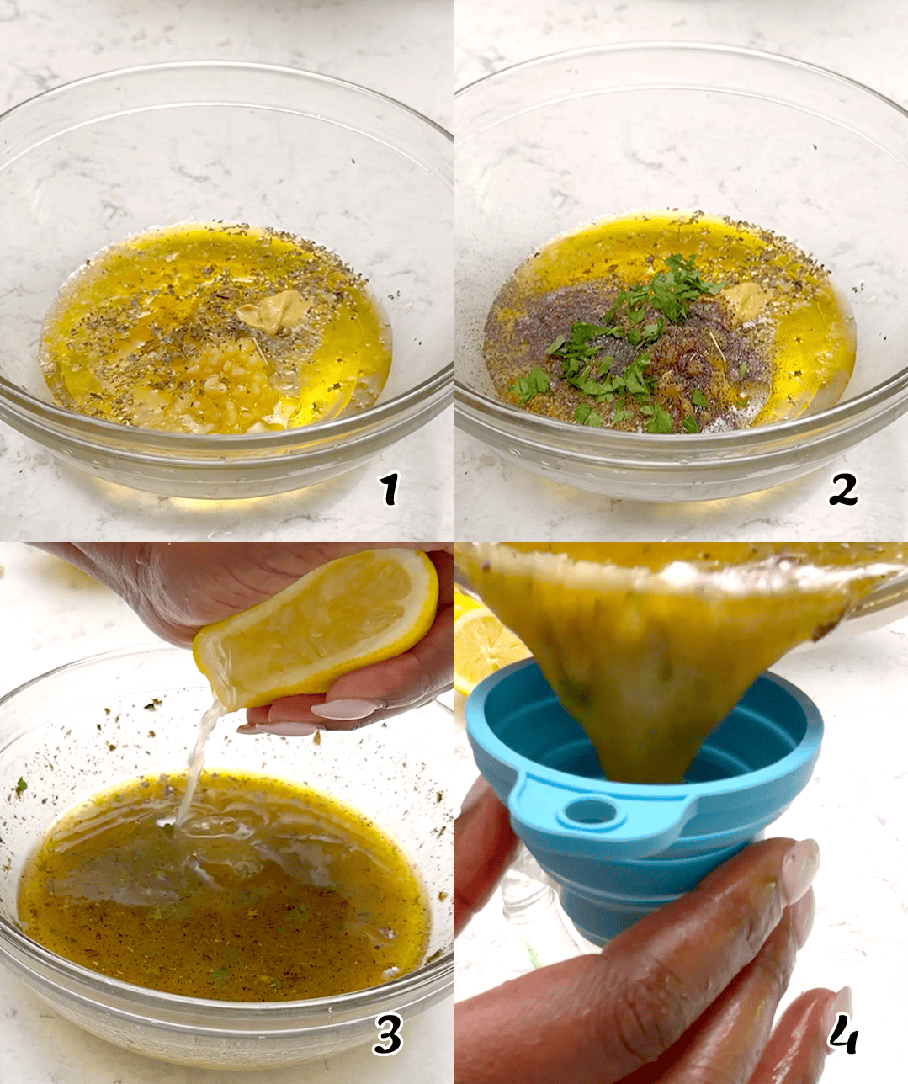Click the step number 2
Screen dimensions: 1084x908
tap(842, 490)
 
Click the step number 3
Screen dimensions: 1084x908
tap(388, 1037)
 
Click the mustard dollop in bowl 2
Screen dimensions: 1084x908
tap(741, 298)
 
